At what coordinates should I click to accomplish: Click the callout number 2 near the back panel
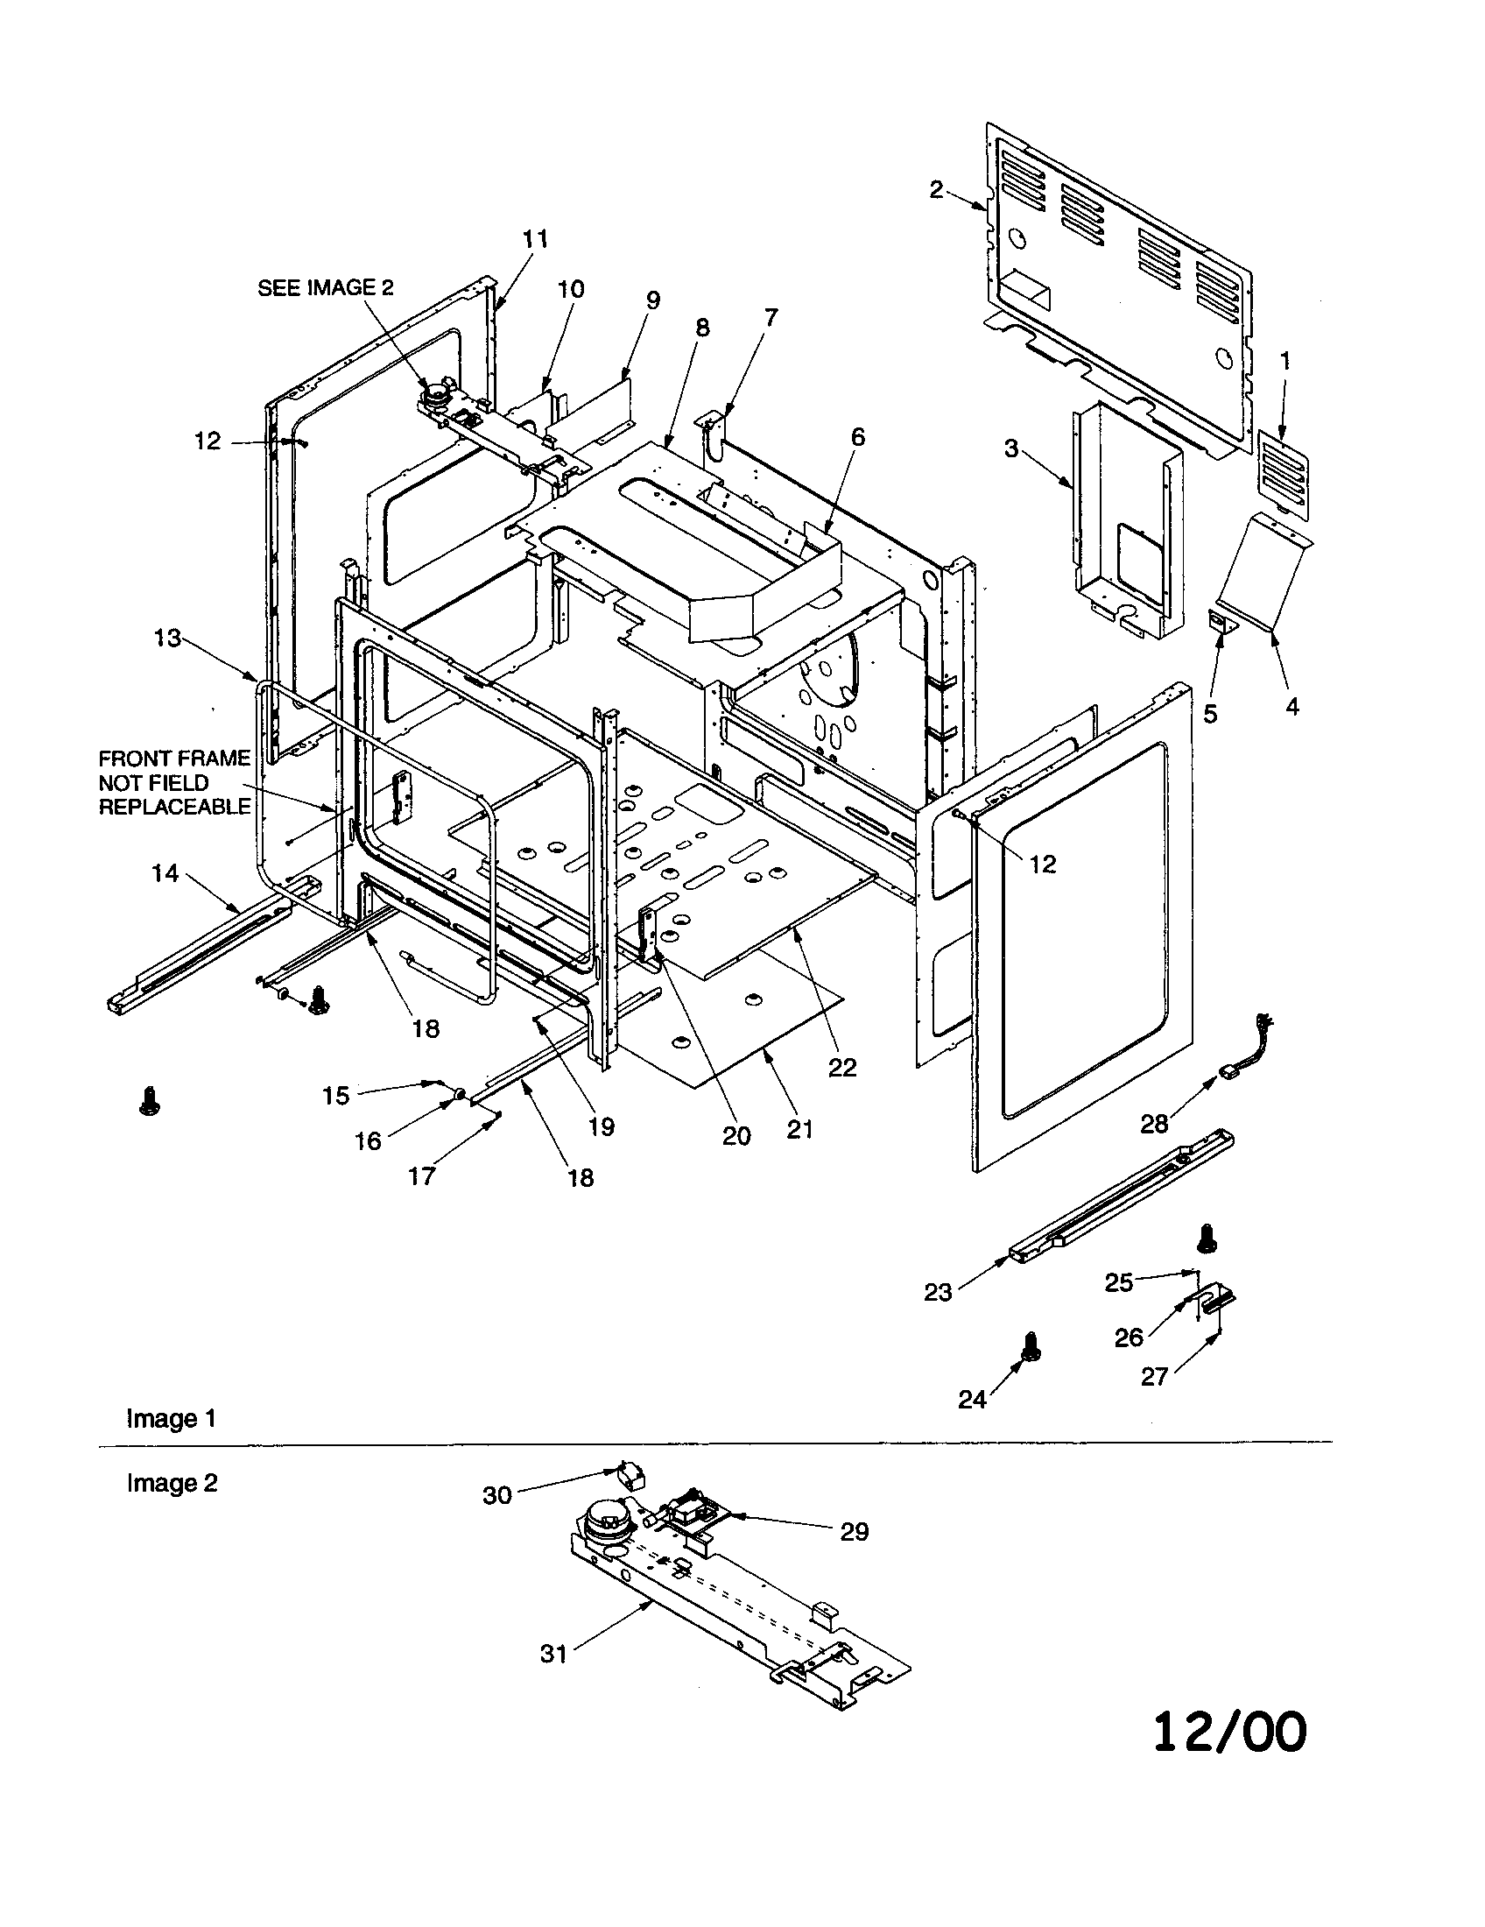(936, 189)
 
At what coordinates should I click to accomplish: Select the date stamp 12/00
(1229, 1732)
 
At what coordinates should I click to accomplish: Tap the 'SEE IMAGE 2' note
(326, 287)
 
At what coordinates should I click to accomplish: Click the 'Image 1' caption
(171, 1419)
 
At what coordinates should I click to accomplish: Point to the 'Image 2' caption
(172, 1483)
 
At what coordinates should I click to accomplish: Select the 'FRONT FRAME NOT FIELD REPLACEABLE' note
(174, 782)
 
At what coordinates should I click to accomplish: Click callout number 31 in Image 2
(552, 1654)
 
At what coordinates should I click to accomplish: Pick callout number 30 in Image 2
(497, 1494)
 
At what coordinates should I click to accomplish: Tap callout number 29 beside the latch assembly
(854, 1532)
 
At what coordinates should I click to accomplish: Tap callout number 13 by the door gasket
(167, 638)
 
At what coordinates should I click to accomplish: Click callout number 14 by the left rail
(165, 873)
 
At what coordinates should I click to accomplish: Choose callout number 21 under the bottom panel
(799, 1129)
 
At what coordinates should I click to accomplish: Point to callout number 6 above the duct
(857, 437)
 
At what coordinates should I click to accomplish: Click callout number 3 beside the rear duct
(1011, 449)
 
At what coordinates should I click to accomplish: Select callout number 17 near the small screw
(421, 1176)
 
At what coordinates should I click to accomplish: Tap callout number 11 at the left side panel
(535, 239)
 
